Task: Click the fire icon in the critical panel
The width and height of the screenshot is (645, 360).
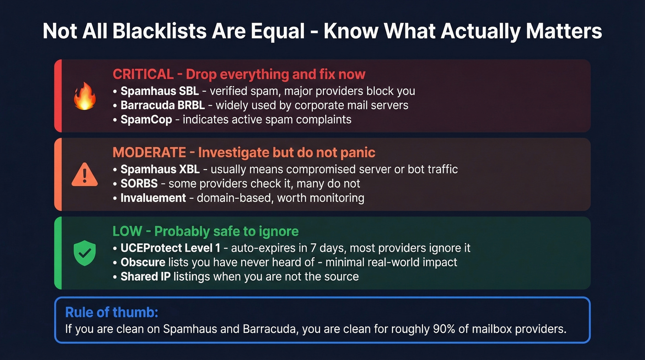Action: click(x=85, y=96)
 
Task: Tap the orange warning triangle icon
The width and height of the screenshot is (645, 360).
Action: click(x=85, y=175)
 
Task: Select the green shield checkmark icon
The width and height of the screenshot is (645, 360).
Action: click(x=85, y=253)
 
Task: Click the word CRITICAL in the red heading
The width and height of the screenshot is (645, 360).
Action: click(x=143, y=74)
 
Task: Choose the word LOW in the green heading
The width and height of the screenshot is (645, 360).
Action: click(x=127, y=231)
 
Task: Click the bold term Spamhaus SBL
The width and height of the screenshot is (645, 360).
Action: click(x=159, y=91)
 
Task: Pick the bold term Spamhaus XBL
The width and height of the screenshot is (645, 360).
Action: click(x=160, y=169)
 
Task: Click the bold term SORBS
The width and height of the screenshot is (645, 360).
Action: click(x=139, y=183)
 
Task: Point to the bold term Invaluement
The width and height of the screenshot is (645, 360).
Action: click(x=153, y=198)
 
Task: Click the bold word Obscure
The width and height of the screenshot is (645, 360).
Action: click(x=143, y=262)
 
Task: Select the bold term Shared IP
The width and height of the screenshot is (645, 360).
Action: click(x=145, y=277)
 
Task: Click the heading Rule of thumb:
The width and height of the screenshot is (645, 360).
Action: click(x=112, y=312)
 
